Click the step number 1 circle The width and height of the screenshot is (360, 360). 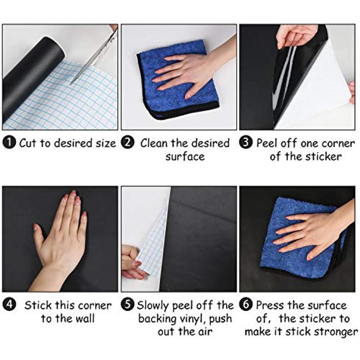click(9, 142)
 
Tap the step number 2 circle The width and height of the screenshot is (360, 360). click(128, 142)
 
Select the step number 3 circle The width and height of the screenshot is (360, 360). click(246, 142)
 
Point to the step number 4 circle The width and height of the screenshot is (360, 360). click(9, 305)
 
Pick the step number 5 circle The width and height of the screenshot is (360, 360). click(128, 305)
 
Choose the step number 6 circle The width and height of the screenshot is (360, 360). click(246, 305)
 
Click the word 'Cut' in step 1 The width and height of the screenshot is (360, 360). click(28, 143)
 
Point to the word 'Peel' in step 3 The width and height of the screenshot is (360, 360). click(267, 143)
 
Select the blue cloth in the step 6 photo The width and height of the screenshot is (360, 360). click(303, 239)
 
